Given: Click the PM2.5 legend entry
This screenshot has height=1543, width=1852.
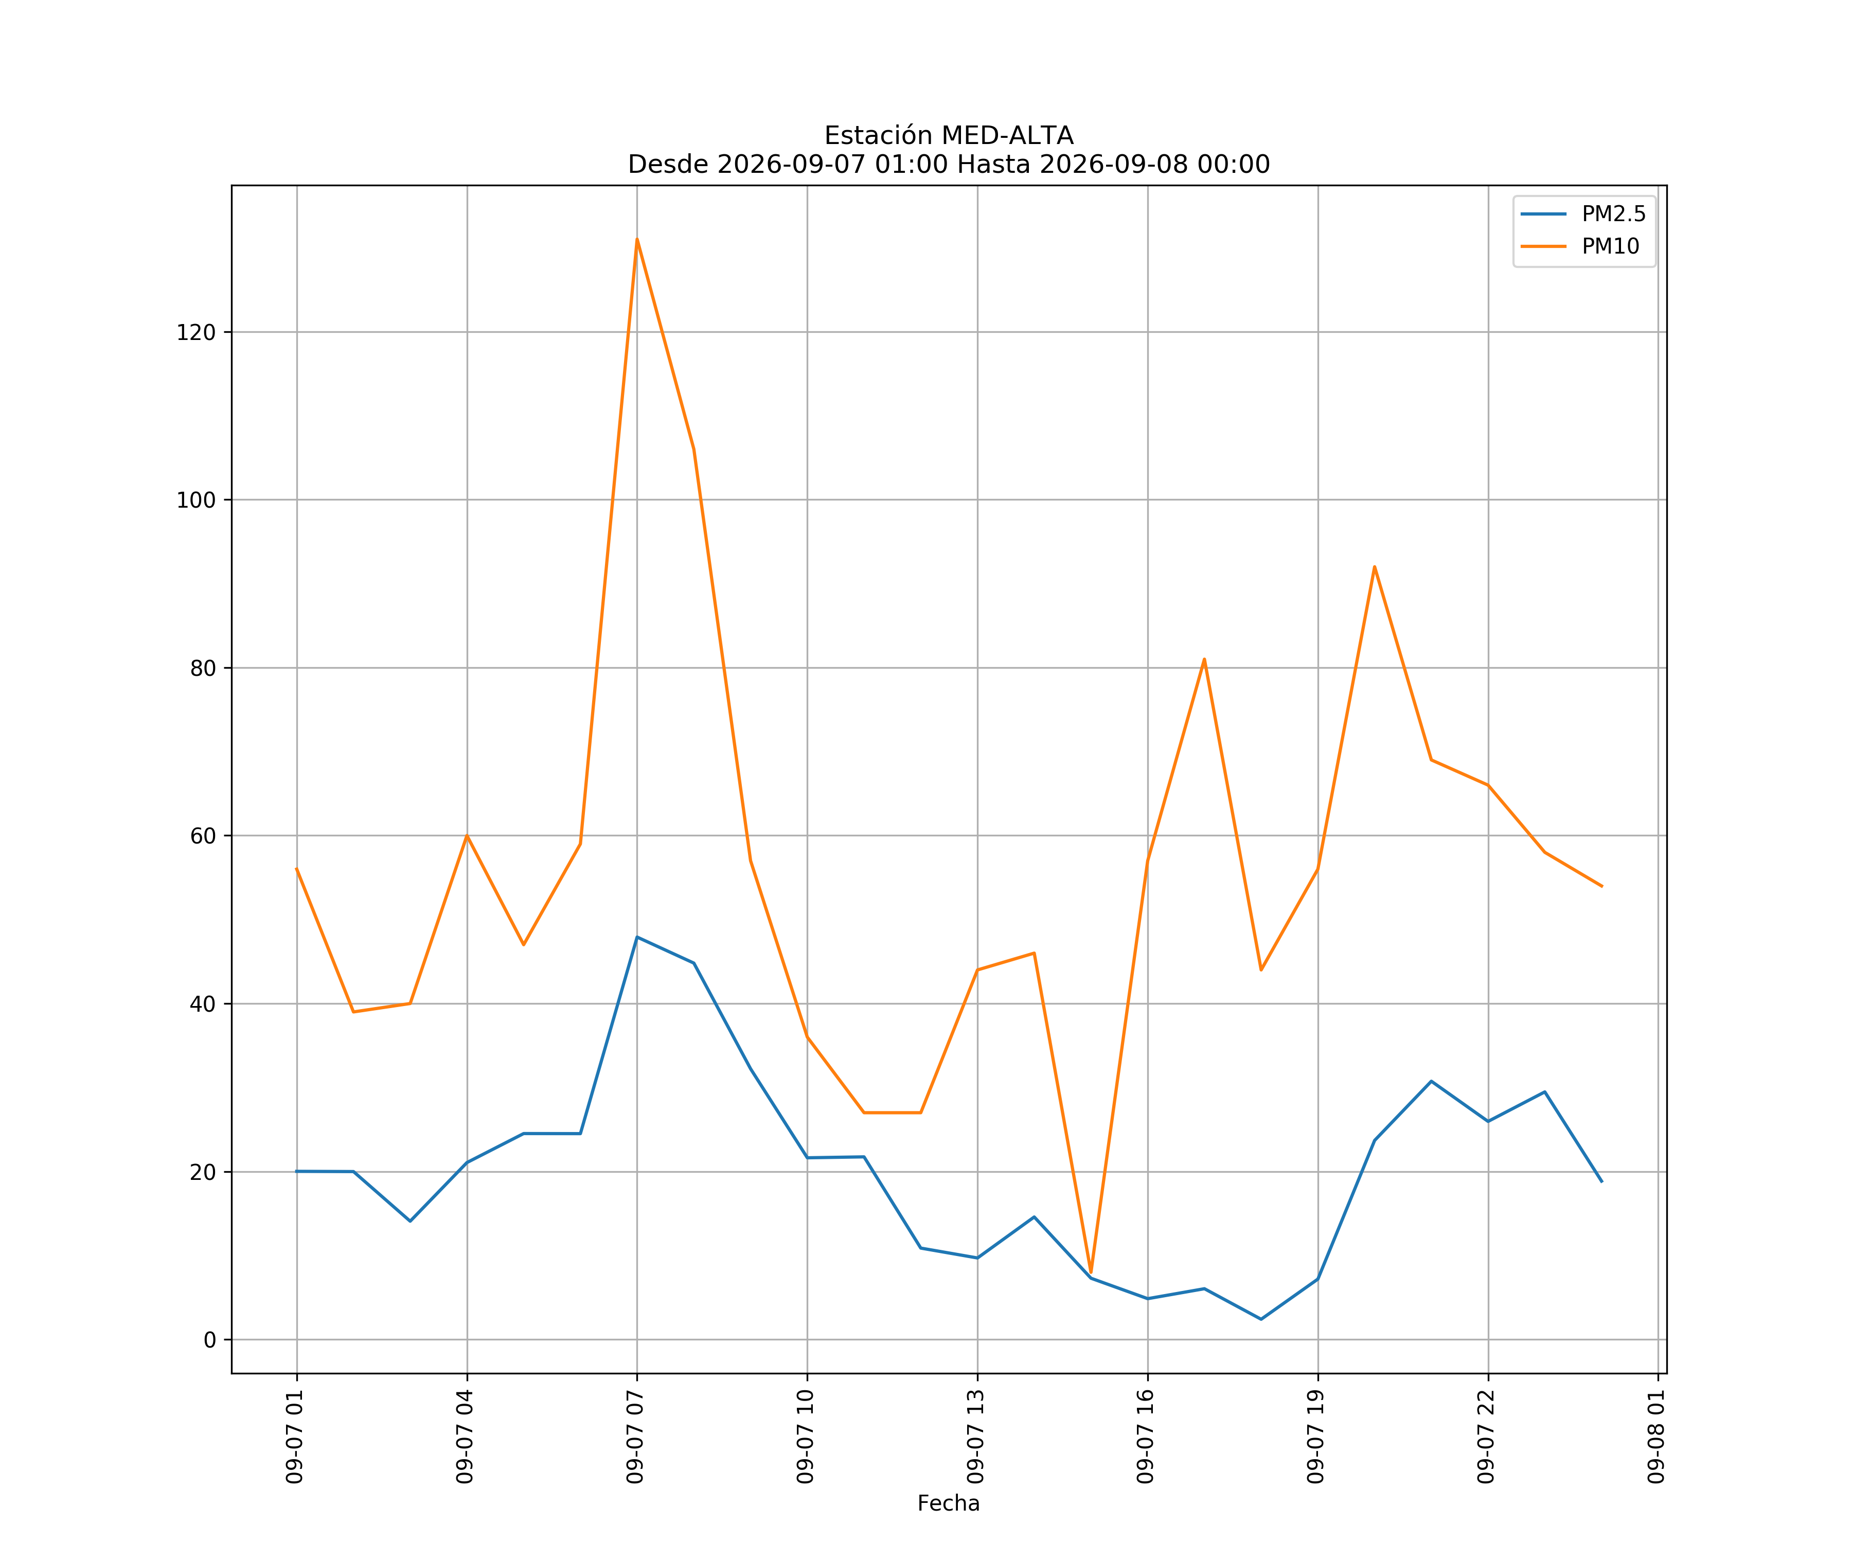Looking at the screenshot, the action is click(1583, 214).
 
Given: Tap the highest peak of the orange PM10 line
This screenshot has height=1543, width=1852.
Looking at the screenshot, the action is click(637, 239).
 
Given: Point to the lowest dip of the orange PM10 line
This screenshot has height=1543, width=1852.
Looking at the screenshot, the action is click(1091, 1273).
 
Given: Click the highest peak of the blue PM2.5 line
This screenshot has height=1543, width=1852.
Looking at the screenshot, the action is click(637, 937).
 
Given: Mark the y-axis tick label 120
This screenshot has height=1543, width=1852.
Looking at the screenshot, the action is click(196, 332).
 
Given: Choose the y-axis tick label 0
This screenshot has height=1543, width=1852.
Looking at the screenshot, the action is click(210, 1340).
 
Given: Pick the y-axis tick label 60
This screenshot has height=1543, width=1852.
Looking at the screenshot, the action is click(203, 836).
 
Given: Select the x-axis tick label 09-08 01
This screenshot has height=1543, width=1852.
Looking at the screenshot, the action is click(1657, 1437).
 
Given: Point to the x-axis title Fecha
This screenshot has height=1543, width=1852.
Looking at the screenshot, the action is click(949, 1503).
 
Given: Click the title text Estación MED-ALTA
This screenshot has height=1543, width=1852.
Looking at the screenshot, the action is click(949, 136).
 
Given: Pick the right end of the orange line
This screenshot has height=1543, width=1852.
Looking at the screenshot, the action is click(1601, 886).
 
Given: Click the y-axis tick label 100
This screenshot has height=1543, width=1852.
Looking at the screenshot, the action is click(196, 500).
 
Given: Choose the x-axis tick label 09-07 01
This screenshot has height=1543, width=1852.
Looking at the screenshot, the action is click(295, 1437).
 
